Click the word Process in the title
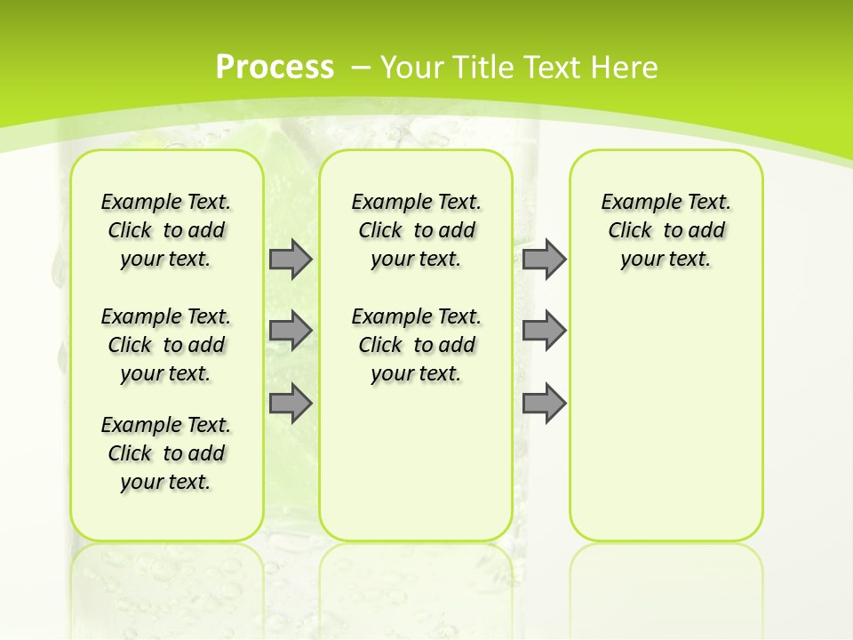(x=275, y=67)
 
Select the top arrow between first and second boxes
(x=291, y=260)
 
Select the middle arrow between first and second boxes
(x=291, y=331)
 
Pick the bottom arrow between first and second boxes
(x=291, y=403)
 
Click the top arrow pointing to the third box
(x=544, y=260)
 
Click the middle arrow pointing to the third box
(x=544, y=331)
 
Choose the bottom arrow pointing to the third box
(x=544, y=403)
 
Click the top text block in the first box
(x=166, y=230)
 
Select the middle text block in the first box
(x=166, y=345)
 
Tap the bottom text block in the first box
(x=166, y=453)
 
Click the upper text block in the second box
(x=416, y=230)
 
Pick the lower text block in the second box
(x=416, y=345)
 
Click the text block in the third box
(x=666, y=230)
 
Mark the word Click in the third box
(x=631, y=231)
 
